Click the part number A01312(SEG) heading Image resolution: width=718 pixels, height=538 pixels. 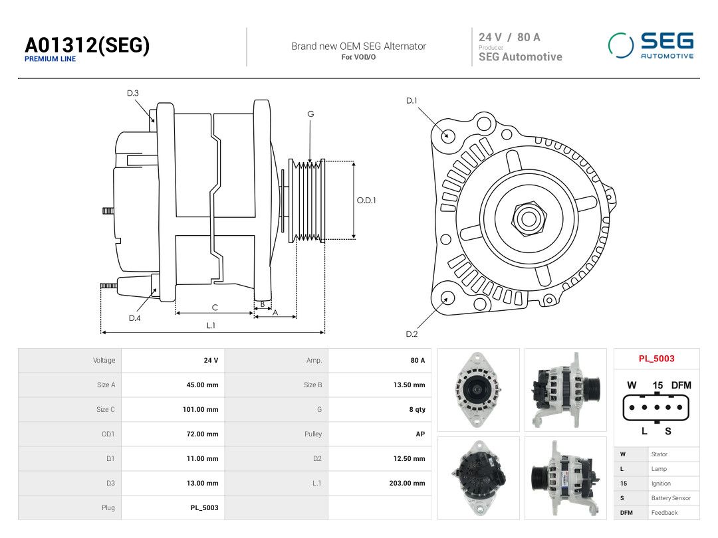pos(87,45)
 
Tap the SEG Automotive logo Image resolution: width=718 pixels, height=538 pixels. pos(651,45)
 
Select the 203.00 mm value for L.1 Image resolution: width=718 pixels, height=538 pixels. pos(407,483)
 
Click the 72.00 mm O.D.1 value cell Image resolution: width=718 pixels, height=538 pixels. pos(202,434)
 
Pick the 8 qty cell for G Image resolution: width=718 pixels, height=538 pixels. pos(417,409)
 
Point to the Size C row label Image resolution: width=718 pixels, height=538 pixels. pos(106,409)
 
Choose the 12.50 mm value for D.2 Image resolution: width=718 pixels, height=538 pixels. pos(410,458)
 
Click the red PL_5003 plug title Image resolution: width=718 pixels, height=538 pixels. pos(657,359)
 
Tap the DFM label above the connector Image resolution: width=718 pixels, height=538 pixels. pos(681,385)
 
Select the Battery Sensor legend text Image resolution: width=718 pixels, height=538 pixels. pos(671,498)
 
